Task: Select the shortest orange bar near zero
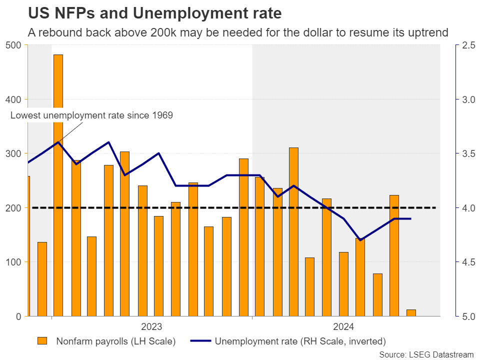tap(411, 313)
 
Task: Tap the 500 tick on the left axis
tap(14, 45)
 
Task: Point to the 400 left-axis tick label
tap(14, 99)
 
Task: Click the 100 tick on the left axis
tap(14, 262)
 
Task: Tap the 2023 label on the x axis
tap(151, 327)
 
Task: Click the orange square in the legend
tap(42, 341)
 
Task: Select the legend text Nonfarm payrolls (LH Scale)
tap(115, 342)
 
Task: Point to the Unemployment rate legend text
tap(300, 342)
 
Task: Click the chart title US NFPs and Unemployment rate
tap(154, 12)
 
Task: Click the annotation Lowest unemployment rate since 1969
tap(91, 115)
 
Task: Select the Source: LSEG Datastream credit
tap(426, 354)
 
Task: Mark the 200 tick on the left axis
tap(14, 208)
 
